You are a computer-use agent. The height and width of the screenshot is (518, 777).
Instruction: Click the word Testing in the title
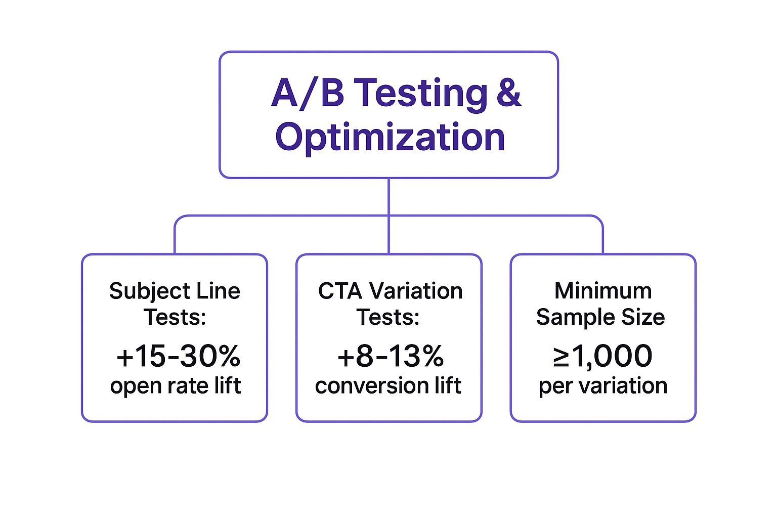point(420,94)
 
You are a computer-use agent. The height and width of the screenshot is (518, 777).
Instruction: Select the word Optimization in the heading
point(390,137)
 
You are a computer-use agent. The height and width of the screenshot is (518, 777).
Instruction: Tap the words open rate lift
point(176,385)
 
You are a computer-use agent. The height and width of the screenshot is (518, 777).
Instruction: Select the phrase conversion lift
point(388,385)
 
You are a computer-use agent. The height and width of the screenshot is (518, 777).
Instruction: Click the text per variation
point(602,385)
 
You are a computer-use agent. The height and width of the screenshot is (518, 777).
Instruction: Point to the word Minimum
point(603,291)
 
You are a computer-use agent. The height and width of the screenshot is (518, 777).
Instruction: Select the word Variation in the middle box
point(415,291)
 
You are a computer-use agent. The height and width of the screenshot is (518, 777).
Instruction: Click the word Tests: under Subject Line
point(175,317)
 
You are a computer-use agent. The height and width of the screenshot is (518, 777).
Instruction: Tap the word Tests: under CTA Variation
point(388,317)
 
